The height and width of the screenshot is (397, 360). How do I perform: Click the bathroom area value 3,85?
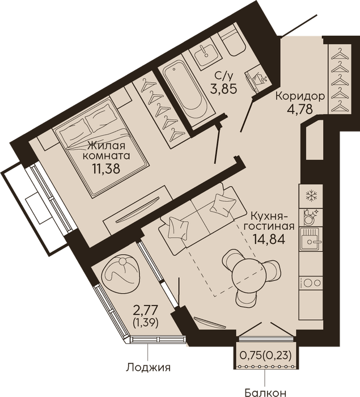223,88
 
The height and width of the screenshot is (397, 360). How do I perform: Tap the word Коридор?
300,96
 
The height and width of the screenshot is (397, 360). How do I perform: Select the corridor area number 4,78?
300,109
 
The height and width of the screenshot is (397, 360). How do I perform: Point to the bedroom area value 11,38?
106,168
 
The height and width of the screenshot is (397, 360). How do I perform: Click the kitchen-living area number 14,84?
269,239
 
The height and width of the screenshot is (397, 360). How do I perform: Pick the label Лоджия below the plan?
149,368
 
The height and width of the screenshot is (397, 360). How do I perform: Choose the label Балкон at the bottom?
265,392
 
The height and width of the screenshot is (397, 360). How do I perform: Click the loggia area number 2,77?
146,310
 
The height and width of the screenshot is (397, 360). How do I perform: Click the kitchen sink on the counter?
311,239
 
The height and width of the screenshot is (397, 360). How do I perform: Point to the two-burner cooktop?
311,283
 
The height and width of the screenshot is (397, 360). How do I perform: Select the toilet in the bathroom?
232,42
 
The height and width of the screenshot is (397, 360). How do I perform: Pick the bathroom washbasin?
206,56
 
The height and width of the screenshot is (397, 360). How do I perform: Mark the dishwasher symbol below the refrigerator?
310,217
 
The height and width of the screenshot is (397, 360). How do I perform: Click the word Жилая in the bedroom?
107,146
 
